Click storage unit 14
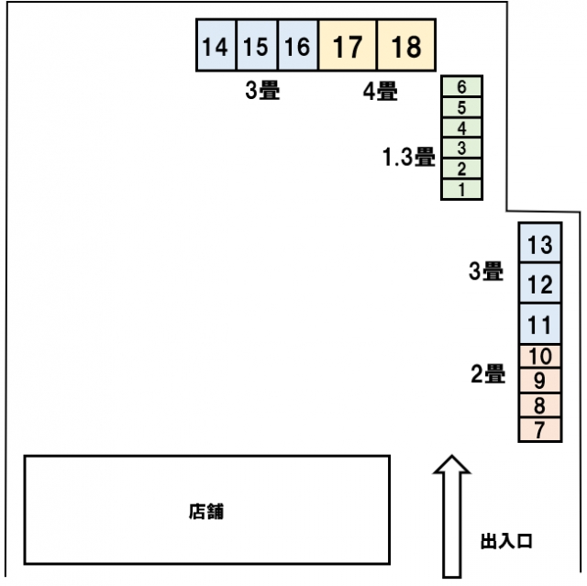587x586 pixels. [216, 45]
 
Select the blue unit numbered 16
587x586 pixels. [297, 45]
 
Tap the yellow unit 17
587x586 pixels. [348, 45]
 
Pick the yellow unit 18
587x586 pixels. [406, 45]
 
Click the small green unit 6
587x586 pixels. [461, 86]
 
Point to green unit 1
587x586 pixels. [461, 190]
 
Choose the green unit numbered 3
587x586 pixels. [461, 149]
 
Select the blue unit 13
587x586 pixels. [540, 243]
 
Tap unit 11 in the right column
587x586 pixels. [540, 324]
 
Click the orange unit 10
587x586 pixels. [540, 356]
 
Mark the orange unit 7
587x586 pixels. [540, 429]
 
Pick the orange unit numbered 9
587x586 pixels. [540, 381]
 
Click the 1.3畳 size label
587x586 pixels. [408, 157]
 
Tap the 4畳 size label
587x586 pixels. [381, 91]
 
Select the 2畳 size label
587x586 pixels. [488, 373]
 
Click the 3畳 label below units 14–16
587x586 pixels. [262, 90]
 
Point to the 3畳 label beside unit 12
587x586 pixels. [486, 271]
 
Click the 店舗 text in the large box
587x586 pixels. [206, 512]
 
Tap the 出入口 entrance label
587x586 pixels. [506, 541]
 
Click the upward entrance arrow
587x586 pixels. [452, 516]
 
